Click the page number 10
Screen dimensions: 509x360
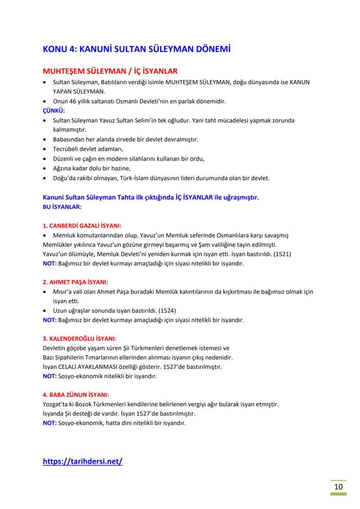[x=339, y=486]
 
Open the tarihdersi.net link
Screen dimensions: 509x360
[x=83, y=461]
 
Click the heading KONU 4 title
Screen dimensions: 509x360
[x=137, y=49]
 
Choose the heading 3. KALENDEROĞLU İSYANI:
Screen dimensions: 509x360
[x=80, y=339]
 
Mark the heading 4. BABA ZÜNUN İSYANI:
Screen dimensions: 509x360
[x=76, y=395]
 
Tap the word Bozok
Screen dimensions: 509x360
[x=82, y=404]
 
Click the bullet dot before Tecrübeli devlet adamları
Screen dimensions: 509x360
[x=46, y=149]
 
